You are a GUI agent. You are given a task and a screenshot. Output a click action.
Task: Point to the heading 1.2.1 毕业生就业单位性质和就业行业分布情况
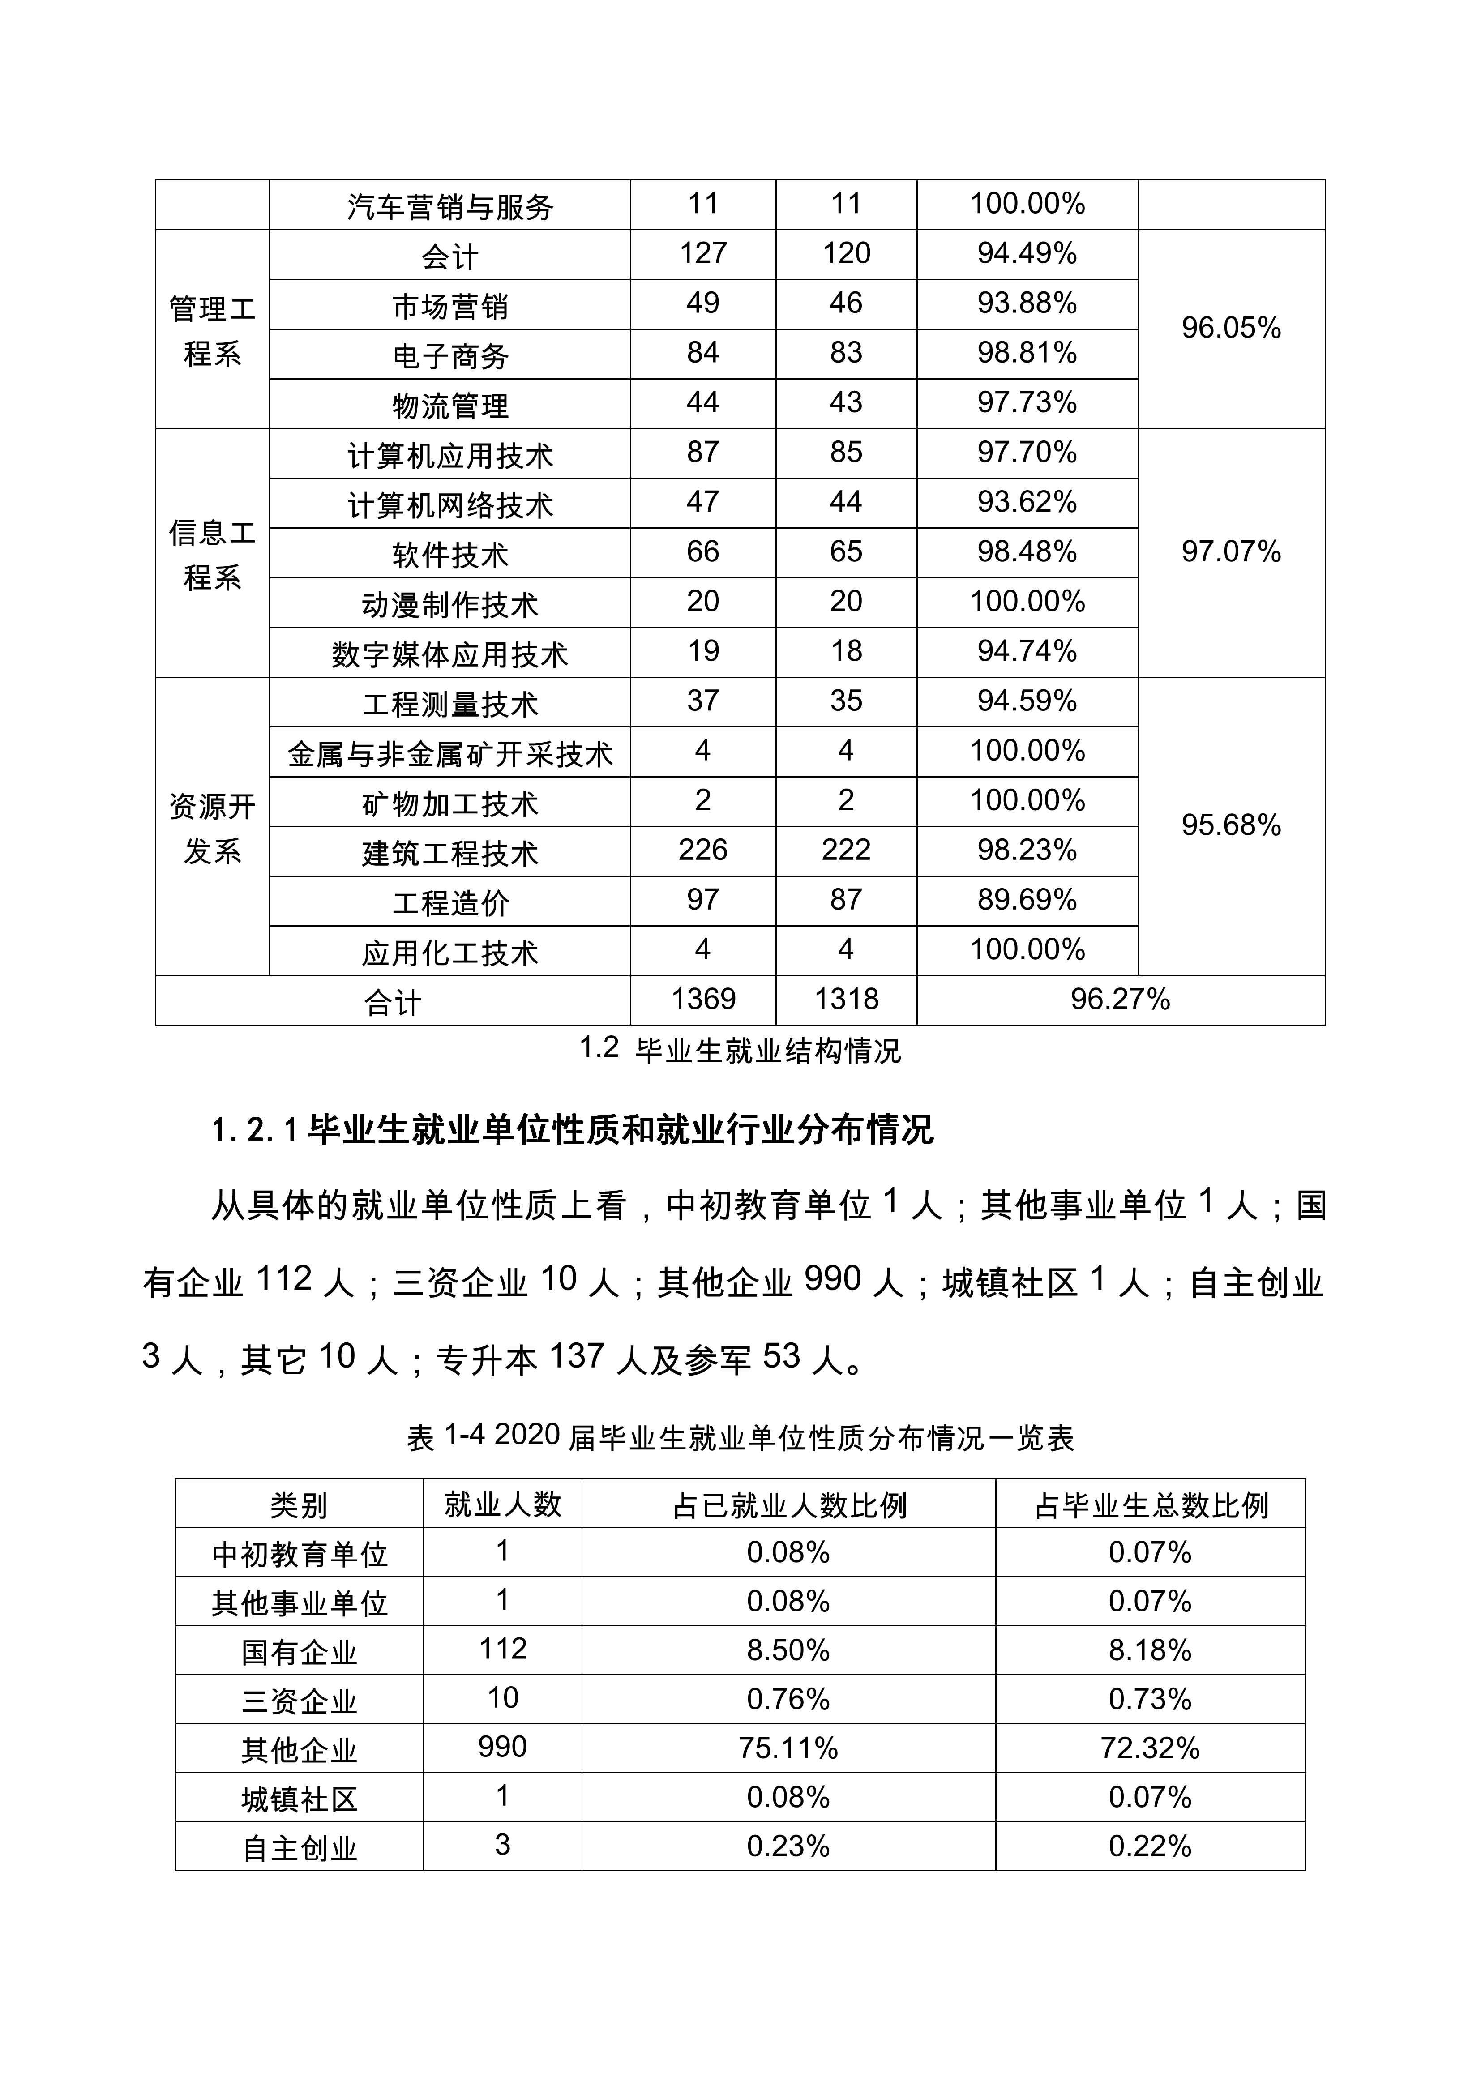click(573, 1131)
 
